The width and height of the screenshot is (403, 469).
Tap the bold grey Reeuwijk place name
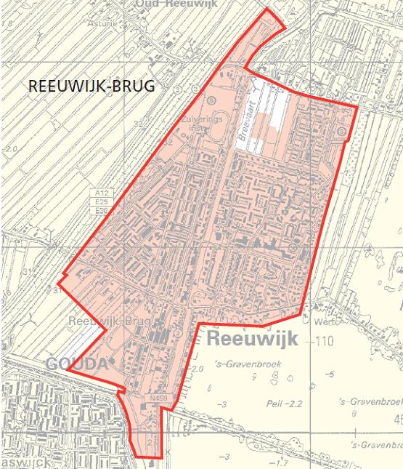click(249, 338)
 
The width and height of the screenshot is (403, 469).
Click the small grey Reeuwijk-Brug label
click(109, 321)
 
